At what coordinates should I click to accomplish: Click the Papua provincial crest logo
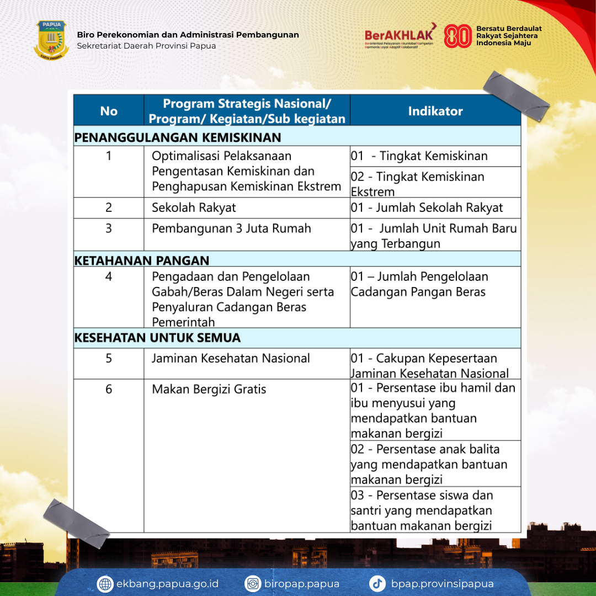[x=51, y=40]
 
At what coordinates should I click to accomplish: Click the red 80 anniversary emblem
[x=457, y=36]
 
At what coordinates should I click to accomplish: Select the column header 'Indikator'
[x=435, y=111]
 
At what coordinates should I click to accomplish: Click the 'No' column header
[x=109, y=111]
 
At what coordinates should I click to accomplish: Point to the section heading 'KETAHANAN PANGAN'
[x=142, y=260]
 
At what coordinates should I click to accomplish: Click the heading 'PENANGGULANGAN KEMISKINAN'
[x=178, y=137]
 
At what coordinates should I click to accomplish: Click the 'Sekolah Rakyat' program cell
[x=194, y=207]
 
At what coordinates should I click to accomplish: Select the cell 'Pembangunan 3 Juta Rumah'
[x=231, y=228]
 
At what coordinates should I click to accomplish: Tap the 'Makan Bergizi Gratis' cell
[x=209, y=389]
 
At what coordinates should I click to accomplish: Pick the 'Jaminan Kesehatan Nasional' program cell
[x=231, y=358]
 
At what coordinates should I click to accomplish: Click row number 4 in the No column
[x=109, y=276]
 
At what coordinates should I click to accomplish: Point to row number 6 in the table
[x=109, y=389]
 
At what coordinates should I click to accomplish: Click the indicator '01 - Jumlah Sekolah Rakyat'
[x=427, y=207]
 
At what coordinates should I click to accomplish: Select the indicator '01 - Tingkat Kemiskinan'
[x=419, y=156]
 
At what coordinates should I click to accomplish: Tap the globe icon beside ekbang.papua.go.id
[x=105, y=584]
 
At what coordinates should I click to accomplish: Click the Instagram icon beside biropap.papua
[x=253, y=584]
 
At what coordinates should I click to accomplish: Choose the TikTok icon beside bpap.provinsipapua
[x=377, y=584]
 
